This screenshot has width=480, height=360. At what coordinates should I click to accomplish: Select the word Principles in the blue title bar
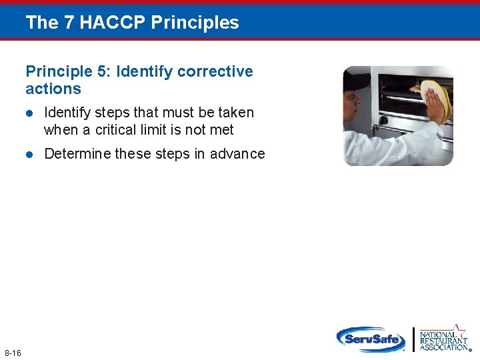[195, 23]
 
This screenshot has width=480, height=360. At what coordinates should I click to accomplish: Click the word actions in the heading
[53, 89]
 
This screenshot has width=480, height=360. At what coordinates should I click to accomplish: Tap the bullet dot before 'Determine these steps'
[29, 155]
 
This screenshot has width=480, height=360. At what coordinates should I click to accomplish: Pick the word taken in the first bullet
[237, 113]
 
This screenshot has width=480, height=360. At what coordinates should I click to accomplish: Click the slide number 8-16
[13, 353]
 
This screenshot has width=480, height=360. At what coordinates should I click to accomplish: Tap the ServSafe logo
[371, 339]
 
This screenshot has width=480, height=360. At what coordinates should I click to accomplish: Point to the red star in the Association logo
[459, 329]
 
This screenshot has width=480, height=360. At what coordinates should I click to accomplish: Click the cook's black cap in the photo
[356, 80]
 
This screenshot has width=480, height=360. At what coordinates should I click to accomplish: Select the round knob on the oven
[383, 120]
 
